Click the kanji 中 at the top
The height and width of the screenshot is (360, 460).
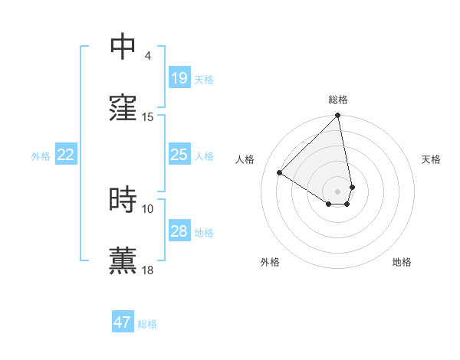pyautogui.click(x=123, y=47)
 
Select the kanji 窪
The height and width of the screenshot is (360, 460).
pyautogui.click(x=123, y=107)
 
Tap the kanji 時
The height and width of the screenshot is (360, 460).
pyautogui.click(x=123, y=200)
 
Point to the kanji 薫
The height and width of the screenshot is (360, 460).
pyautogui.click(x=123, y=260)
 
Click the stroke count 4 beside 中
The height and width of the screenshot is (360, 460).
pyautogui.click(x=147, y=55)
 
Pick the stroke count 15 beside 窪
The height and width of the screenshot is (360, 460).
pyautogui.click(x=148, y=116)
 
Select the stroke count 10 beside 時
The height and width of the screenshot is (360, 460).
pyautogui.click(x=148, y=208)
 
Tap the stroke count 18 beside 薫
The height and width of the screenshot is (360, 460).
pyautogui.click(x=148, y=270)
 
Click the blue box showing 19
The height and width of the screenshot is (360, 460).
pyautogui.click(x=179, y=78)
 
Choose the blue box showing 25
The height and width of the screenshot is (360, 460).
pyautogui.click(x=179, y=155)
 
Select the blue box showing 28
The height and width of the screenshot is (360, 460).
pyautogui.click(x=179, y=231)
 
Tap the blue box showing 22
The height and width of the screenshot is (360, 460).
pyautogui.click(x=65, y=155)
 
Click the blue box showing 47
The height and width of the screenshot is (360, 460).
pyautogui.click(x=122, y=322)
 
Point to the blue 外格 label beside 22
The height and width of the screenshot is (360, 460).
pyautogui.click(x=41, y=156)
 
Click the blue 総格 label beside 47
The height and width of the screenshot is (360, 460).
pyautogui.click(x=147, y=324)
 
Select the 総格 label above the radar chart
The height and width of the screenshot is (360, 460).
pyautogui.click(x=338, y=100)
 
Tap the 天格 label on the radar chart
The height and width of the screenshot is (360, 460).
pyautogui.click(x=431, y=159)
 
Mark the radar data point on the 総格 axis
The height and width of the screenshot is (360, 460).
pyautogui.click(x=338, y=116)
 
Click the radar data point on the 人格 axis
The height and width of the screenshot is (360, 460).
pyautogui.click(x=280, y=172)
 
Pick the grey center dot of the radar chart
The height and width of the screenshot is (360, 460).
pyautogui.click(x=338, y=191)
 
